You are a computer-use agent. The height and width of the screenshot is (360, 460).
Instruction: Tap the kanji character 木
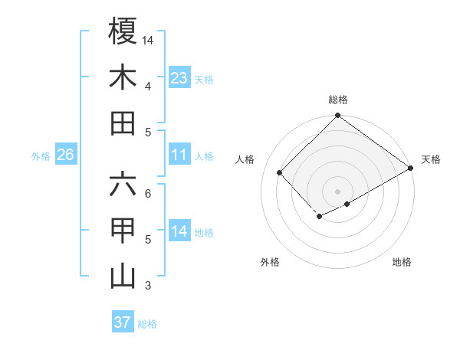[x=123, y=77]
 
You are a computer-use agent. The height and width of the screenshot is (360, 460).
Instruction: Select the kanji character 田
[x=123, y=123]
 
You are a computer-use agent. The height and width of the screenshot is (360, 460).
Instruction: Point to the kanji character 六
[x=123, y=184]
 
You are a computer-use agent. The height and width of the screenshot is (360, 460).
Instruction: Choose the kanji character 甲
[x=123, y=231]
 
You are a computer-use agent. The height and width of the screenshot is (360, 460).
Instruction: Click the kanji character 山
[x=123, y=277]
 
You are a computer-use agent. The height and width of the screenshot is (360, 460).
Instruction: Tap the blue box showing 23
[x=179, y=77]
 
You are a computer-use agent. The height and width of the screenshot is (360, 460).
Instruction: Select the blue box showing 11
[x=179, y=155]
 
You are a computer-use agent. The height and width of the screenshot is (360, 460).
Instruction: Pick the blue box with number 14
[x=179, y=231]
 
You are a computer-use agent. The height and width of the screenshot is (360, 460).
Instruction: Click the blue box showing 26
[x=66, y=155]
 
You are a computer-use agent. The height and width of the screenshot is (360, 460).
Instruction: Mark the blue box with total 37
[x=123, y=322]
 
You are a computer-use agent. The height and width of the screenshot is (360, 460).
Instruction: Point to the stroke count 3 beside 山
[x=148, y=286]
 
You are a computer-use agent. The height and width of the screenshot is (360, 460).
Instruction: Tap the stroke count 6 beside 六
[x=148, y=193]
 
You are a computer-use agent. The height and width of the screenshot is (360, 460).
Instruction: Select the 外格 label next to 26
[x=41, y=156]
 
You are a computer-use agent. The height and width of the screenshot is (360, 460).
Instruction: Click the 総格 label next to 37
[x=147, y=324]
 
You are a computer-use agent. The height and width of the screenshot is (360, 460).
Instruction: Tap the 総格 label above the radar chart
[x=337, y=100]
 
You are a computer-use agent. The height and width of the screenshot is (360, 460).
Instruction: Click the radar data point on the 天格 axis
[x=411, y=169]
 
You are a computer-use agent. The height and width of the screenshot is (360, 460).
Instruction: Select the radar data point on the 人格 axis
[x=280, y=172]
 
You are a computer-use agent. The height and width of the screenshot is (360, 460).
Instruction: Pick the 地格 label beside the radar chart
[x=402, y=262]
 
